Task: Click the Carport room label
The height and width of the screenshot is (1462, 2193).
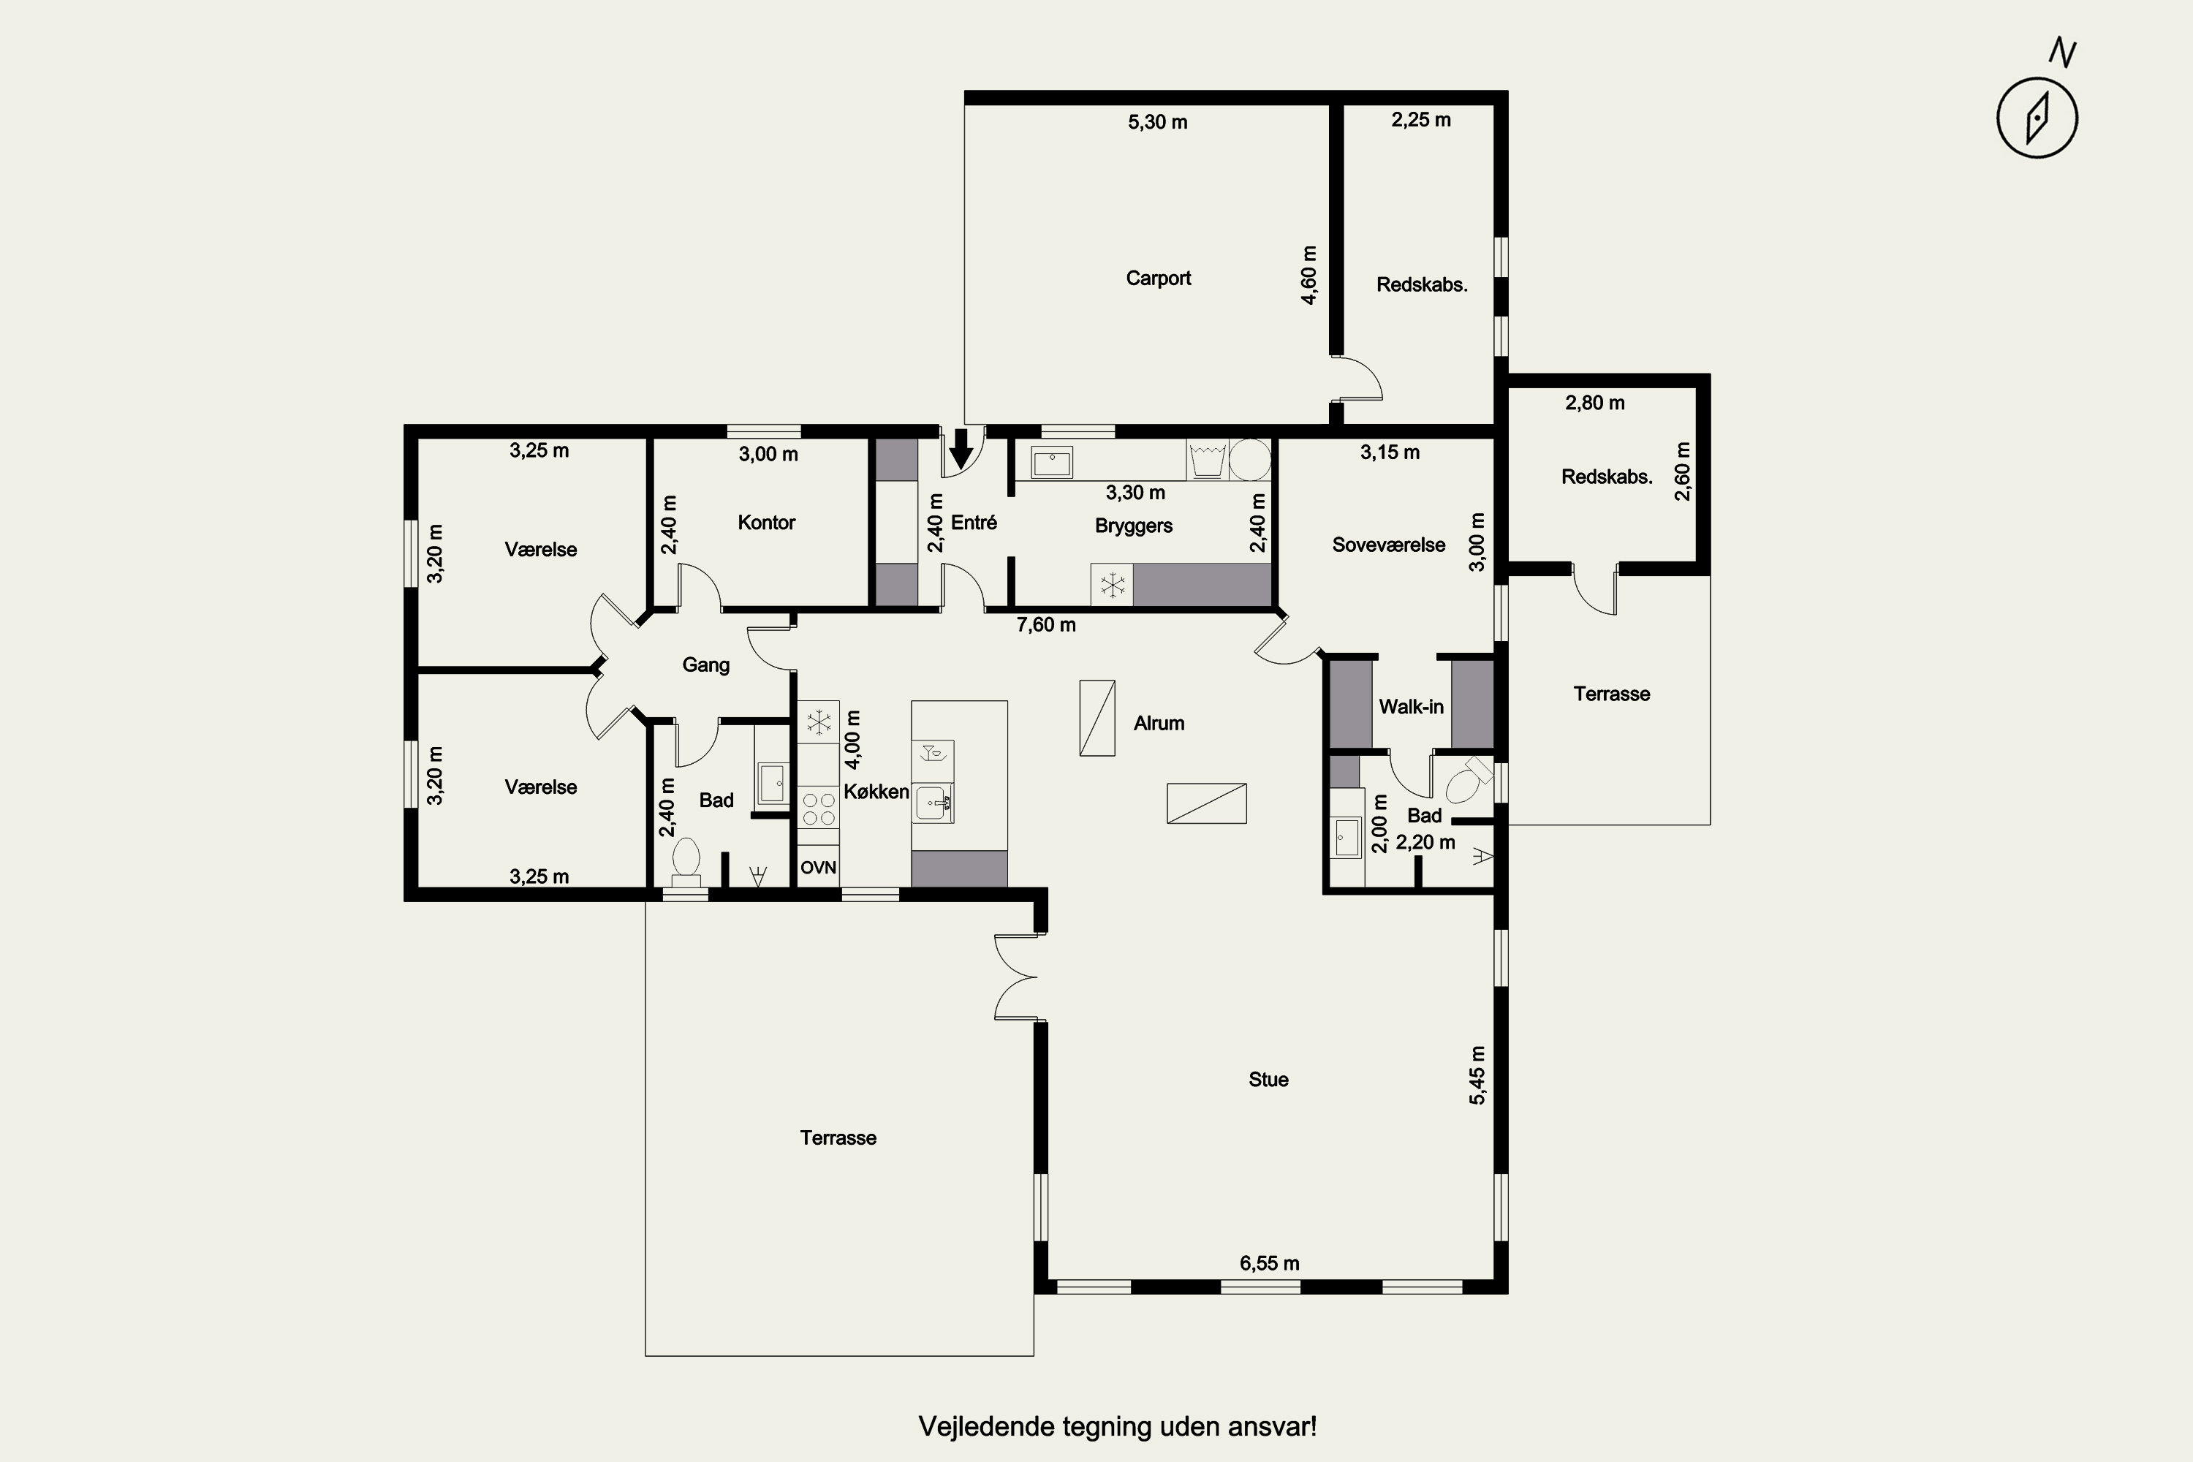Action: [x=1158, y=278]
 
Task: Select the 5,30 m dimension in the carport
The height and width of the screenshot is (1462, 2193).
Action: [x=1158, y=122]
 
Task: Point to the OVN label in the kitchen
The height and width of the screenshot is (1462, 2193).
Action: [x=818, y=867]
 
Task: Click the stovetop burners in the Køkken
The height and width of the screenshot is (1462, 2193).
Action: [x=818, y=808]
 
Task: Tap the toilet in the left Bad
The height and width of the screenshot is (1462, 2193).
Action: [x=686, y=860]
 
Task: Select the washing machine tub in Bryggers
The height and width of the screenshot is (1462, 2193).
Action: [x=1208, y=461]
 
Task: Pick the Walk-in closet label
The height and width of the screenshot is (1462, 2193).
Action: [x=1411, y=707]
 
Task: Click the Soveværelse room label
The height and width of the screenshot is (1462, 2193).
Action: [x=1388, y=545]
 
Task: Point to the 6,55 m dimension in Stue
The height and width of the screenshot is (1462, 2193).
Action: [x=1269, y=1263]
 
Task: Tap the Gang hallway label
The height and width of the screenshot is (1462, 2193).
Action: [x=706, y=664]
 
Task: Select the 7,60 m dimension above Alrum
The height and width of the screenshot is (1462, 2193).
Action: [x=1046, y=625]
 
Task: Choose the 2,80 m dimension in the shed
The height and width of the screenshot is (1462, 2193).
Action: [x=1594, y=403]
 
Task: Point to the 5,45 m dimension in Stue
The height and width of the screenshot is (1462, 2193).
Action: [x=1478, y=1075]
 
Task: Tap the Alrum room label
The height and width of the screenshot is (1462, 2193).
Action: [x=1159, y=723]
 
